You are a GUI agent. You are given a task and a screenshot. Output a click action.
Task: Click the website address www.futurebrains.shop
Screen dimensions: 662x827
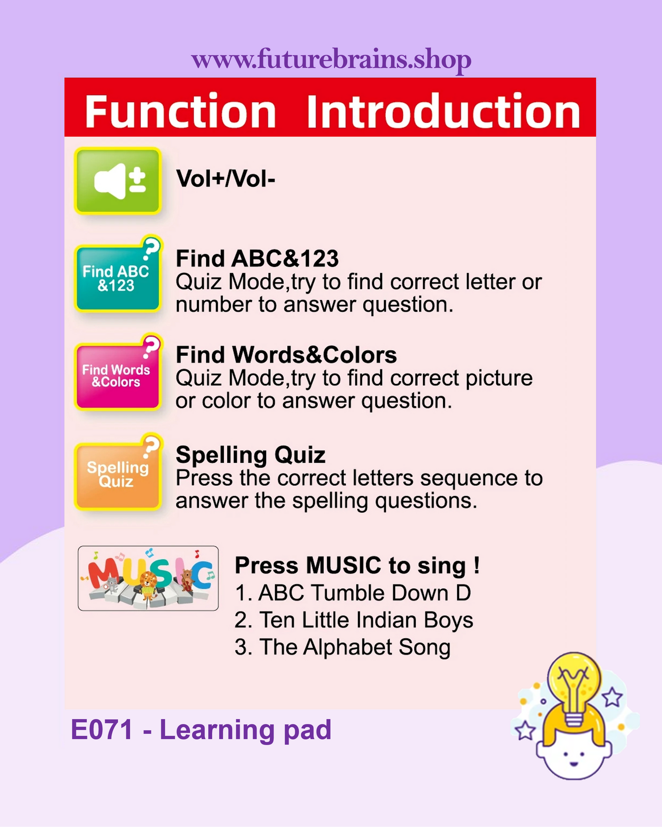pyautogui.click(x=331, y=60)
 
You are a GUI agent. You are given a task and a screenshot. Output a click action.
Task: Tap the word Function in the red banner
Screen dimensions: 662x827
pyautogui.click(x=181, y=111)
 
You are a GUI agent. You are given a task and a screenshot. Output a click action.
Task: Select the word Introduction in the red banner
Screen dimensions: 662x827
pyautogui.click(x=443, y=111)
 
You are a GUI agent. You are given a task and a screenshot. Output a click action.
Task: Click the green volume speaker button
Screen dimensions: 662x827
pyautogui.click(x=118, y=181)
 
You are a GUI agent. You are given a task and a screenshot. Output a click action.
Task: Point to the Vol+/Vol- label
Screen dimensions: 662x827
pyautogui.click(x=226, y=178)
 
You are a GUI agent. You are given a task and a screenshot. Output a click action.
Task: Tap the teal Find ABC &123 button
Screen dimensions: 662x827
pyautogui.click(x=118, y=277)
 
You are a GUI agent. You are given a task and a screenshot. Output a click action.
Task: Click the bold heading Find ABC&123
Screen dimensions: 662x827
pyautogui.click(x=257, y=259)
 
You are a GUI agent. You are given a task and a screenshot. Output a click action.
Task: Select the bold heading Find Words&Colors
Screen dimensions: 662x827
pyautogui.click(x=286, y=355)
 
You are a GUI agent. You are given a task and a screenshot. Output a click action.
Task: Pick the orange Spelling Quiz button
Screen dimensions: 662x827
pyautogui.click(x=118, y=473)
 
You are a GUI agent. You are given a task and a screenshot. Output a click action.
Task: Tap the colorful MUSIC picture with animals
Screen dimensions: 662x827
pyautogui.click(x=148, y=578)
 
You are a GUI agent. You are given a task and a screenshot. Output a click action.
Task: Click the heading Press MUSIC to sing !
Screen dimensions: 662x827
pyautogui.click(x=357, y=565)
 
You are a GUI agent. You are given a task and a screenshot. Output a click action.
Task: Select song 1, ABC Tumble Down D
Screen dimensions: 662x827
pyautogui.click(x=353, y=593)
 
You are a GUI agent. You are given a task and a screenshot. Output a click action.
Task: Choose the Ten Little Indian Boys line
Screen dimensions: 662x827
pyautogui.click(x=354, y=620)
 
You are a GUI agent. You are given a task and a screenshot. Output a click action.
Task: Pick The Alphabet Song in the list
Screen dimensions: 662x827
pyautogui.click(x=343, y=647)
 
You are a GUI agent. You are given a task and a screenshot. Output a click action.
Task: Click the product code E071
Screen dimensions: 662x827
pyautogui.click(x=102, y=730)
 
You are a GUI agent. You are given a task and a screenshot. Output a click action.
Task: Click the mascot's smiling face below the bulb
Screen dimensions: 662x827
pyautogui.click(x=574, y=755)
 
